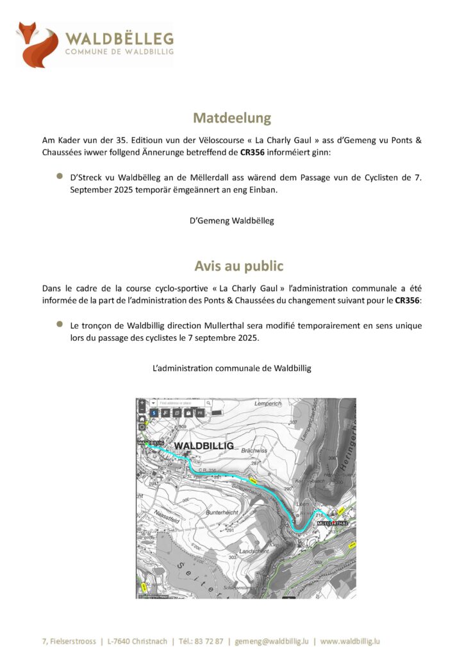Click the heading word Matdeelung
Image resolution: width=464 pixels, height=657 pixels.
232,118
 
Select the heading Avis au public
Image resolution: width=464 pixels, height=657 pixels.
239,266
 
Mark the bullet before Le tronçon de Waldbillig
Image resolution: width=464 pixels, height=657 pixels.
59,325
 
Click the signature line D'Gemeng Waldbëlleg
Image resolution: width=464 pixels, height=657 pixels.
232,221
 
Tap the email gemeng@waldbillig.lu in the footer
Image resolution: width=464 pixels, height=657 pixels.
272,641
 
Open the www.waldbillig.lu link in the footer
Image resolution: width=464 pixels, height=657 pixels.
351,641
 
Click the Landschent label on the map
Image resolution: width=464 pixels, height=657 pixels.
253,550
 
